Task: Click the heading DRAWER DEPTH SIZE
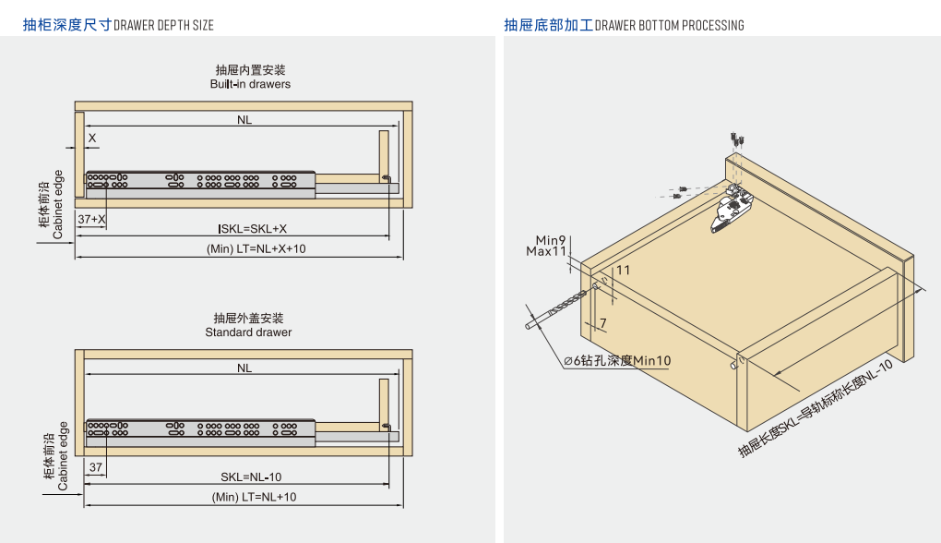(x=163, y=25)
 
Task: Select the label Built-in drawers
(x=250, y=84)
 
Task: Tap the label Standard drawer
(x=248, y=332)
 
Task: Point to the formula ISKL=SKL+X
(x=252, y=229)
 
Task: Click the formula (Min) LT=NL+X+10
(x=256, y=249)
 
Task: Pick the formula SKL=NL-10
(x=251, y=477)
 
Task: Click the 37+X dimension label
(x=91, y=220)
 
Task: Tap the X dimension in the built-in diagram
(x=91, y=138)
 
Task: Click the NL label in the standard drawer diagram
(x=244, y=368)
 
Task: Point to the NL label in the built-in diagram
(x=244, y=120)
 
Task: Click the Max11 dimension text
(x=546, y=251)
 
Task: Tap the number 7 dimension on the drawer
(x=602, y=323)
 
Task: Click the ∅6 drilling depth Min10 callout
(x=617, y=361)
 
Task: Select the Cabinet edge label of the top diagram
(x=57, y=204)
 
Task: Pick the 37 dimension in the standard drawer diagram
(x=95, y=468)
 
